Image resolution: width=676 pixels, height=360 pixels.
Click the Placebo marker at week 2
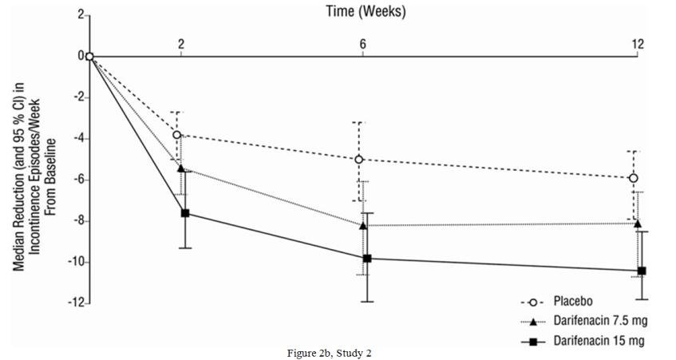click(176, 135)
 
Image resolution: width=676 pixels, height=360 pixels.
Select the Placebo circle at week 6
click(358, 160)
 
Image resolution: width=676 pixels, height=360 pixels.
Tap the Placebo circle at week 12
click(634, 178)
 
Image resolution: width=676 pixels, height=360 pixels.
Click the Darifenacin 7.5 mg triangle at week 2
click(180, 168)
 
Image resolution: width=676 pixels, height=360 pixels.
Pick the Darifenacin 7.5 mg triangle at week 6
click(363, 226)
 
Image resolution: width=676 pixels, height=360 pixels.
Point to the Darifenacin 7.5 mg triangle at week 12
click(638, 224)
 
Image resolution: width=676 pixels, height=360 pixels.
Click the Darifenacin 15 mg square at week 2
click(185, 213)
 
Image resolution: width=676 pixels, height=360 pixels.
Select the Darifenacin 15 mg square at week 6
click(367, 259)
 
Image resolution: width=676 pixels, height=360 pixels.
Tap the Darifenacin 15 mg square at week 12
click(642, 271)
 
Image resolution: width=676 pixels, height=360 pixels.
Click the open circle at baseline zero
click(90, 56)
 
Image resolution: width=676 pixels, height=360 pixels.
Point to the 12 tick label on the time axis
click(638, 44)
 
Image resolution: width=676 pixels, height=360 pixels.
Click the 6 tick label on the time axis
click(363, 44)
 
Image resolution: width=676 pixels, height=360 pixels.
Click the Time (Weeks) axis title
click(364, 11)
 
